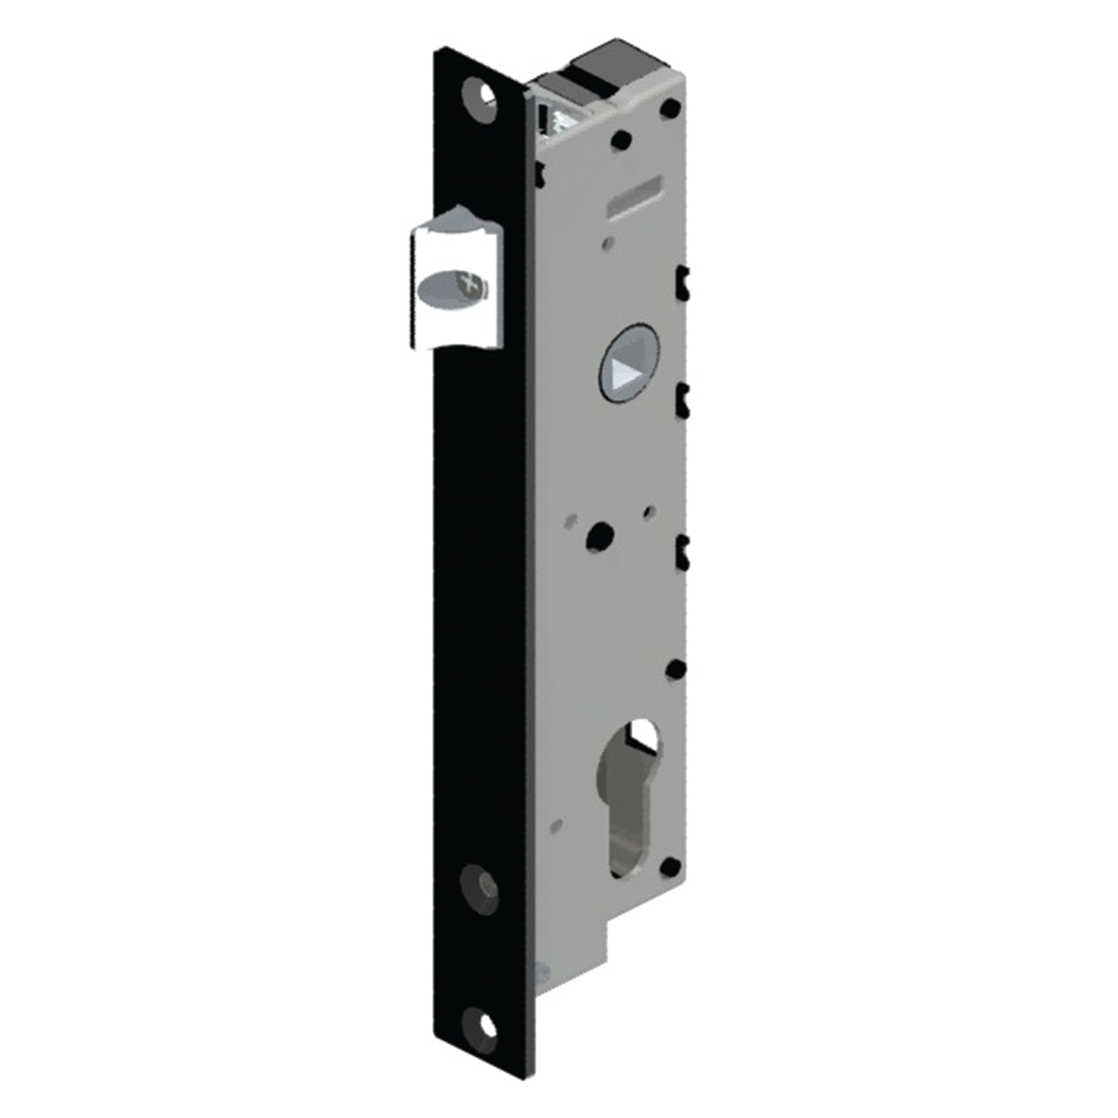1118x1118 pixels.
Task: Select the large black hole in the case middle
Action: (x=600, y=536)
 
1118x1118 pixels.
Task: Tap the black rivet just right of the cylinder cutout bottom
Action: (x=670, y=882)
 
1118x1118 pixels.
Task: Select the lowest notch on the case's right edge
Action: (x=683, y=551)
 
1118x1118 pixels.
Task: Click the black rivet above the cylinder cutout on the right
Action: (x=674, y=669)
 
